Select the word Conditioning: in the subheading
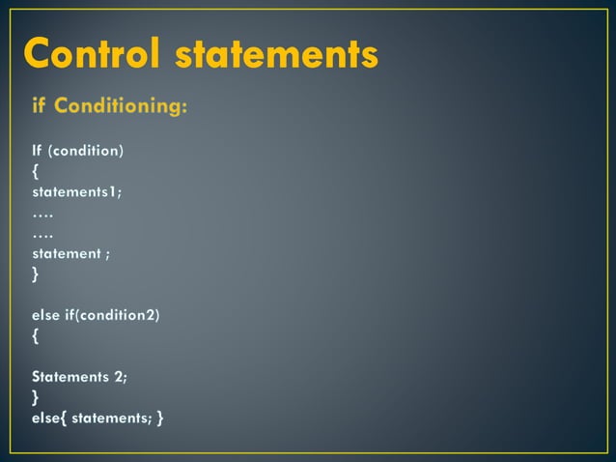[x=121, y=106]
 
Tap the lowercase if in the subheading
[x=40, y=105]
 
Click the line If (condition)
[x=77, y=151]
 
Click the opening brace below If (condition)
[x=36, y=172]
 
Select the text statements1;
[x=76, y=191]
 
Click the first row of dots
[x=42, y=213]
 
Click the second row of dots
[x=42, y=233]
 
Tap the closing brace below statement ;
[x=36, y=274]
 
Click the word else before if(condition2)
[x=45, y=315]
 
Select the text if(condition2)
[x=112, y=315]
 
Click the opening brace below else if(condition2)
[x=36, y=336]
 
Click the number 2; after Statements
[x=121, y=377]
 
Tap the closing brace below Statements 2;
[x=36, y=397]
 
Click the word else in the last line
[x=45, y=418]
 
